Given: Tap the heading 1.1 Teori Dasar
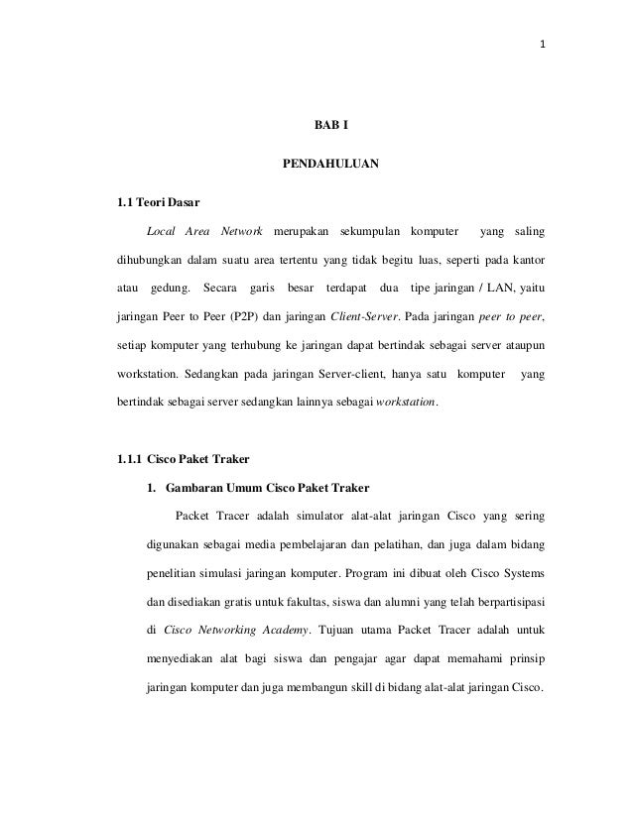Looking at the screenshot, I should [158, 204].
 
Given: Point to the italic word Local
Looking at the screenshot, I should [162, 232].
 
